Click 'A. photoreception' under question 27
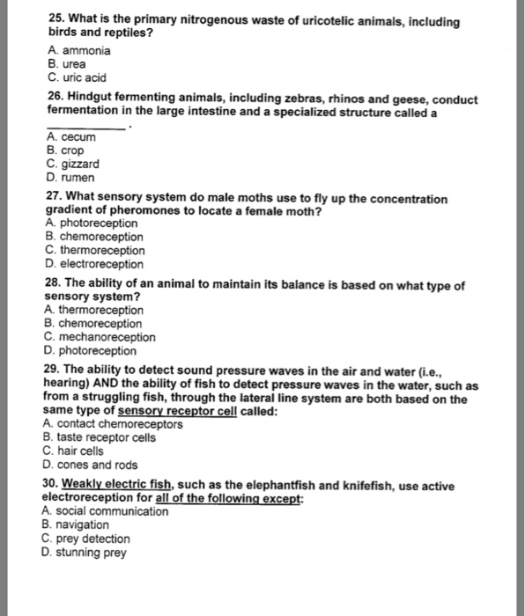point(90,224)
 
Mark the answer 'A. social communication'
point(105,511)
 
